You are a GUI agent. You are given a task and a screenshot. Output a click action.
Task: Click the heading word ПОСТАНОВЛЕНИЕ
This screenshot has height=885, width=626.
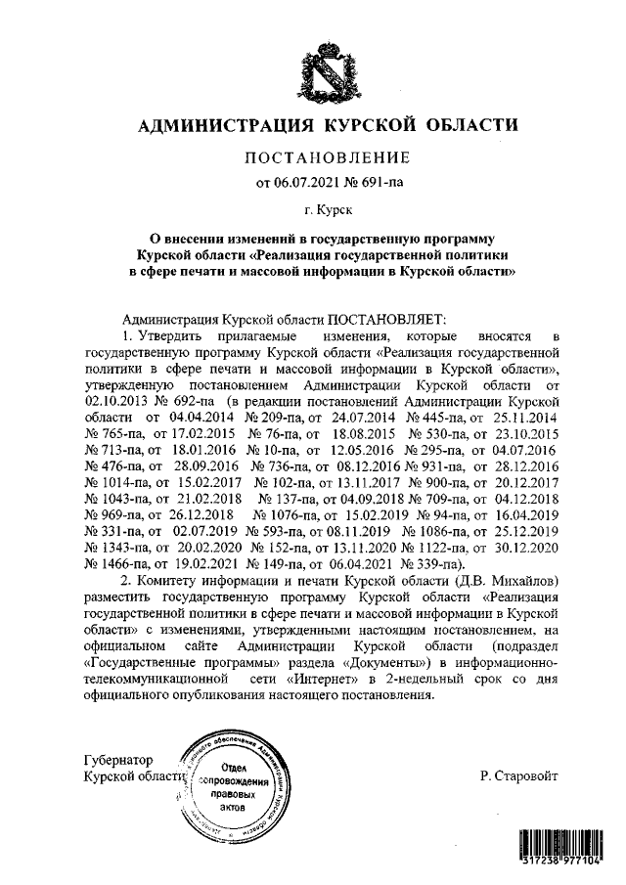coord(322,158)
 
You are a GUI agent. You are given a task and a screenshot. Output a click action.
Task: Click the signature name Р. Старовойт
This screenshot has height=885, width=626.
coord(519,775)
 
